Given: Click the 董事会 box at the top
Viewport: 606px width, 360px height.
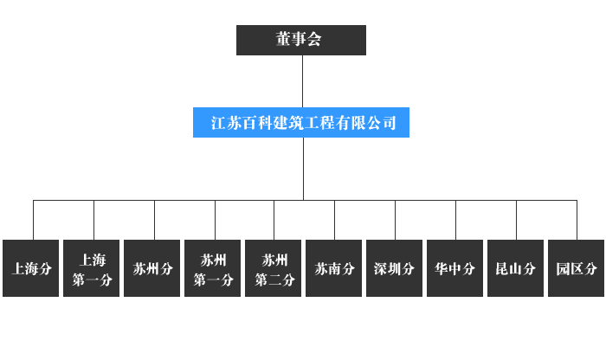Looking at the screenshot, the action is click(301, 40).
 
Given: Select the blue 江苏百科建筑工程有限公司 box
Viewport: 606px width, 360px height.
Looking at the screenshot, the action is click(301, 122).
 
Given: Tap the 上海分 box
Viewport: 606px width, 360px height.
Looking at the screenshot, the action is click(30, 268).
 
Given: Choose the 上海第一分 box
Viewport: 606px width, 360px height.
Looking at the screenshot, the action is click(91, 268).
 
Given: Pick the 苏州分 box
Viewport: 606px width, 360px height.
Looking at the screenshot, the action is click(151, 268).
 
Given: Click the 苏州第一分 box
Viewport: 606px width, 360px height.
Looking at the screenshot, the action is click(213, 268).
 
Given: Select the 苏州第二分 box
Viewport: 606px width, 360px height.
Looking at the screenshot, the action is click(274, 268).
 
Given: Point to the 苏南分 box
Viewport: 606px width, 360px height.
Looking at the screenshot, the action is click(334, 268).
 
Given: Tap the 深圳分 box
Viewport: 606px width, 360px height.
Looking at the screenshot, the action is click(394, 268).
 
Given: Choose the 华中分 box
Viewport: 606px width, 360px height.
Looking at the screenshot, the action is click(455, 268).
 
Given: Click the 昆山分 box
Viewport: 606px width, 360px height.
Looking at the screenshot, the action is click(516, 268).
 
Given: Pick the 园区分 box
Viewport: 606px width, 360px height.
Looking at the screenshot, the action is click(577, 268).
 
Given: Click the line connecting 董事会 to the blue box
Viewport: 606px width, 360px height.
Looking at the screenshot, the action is click(303, 81).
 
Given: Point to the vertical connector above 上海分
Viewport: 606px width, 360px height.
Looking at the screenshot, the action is click(33, 220).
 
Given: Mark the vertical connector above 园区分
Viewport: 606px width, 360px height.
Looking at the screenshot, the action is click(577, 220).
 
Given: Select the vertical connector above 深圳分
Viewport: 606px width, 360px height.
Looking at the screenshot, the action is click(396, 220).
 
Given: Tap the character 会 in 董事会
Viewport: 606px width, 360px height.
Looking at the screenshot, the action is click(314, 39).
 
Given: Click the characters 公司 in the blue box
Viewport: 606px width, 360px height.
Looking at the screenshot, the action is click(382, 123).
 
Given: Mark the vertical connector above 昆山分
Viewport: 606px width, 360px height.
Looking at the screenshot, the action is click(516, 220).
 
